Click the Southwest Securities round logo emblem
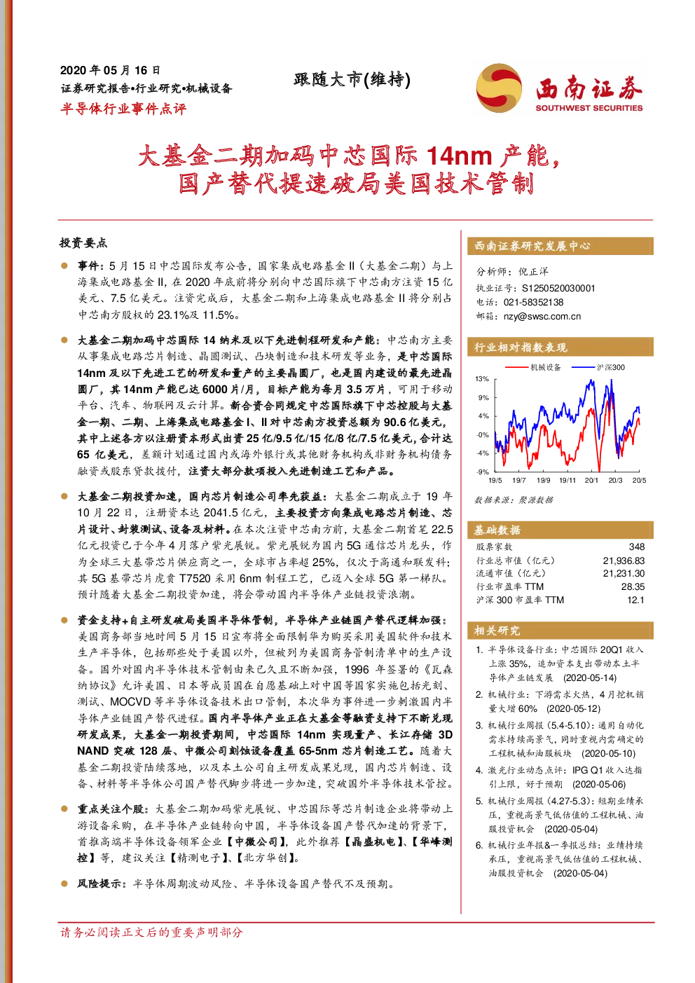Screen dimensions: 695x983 499,88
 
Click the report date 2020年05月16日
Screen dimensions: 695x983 110,70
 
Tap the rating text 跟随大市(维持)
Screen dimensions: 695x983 352,79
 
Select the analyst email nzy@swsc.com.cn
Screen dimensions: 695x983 542,317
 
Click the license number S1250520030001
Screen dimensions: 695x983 558,289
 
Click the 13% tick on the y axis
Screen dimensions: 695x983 482,379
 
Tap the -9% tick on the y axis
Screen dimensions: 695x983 483,472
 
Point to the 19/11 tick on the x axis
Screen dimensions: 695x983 567,481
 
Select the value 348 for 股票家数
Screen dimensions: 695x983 637,547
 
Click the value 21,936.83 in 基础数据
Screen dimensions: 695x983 624,561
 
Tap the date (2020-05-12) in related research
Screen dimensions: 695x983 573,708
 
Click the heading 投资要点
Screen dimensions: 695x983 83,242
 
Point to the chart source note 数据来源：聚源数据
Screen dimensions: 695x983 514,500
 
